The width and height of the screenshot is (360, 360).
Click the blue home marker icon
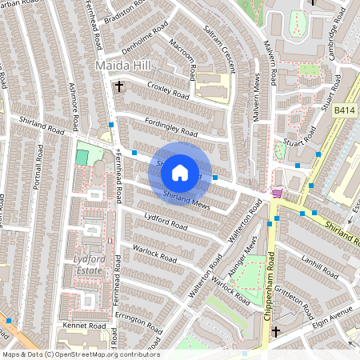pyautogui.click(x=180, y=171)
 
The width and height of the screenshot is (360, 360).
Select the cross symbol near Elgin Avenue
pyautogui.click(x=276, y=331)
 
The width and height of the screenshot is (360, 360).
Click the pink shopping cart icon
pyautogui.click(x=277, y=192)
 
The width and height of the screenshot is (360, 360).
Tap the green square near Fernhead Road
pyautogui.click(x=82, y=157)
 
